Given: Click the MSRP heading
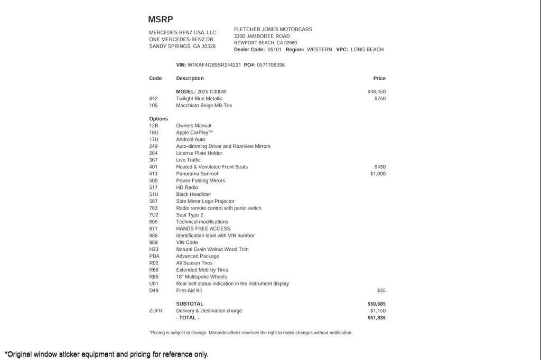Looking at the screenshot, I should (x=161, y=20).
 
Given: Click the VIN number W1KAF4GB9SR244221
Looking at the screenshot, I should (x=214, y=65).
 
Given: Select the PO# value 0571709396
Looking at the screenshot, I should (x=270, y=65).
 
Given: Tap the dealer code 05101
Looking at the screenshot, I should (x=274, y=50).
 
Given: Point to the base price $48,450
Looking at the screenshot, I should (x=376, y=92).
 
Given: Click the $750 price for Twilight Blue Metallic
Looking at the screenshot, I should (x=380, y=99).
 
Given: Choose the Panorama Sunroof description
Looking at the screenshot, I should (x=197, y=174).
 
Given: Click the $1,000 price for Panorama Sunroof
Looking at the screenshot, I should (x=378, y=174).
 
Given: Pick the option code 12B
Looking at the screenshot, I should (x=154, y=126).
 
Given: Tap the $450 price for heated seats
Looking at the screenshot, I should (x=380, y=167).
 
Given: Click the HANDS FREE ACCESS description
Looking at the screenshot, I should (x=203, y=229).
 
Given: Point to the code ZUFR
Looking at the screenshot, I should (x=156, y=311).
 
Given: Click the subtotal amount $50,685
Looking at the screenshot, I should (x=376, y=304).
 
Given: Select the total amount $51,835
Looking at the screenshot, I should (x=376, y=318).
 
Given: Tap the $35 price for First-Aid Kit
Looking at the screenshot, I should (x=381, y=290).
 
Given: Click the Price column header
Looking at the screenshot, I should (x=379, y=78).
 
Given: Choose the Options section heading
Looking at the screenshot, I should (x=158, y=119).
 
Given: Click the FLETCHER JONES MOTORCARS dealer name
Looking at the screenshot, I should (x=273, y=30).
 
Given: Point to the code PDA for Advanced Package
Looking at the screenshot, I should (x=154, y=256).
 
